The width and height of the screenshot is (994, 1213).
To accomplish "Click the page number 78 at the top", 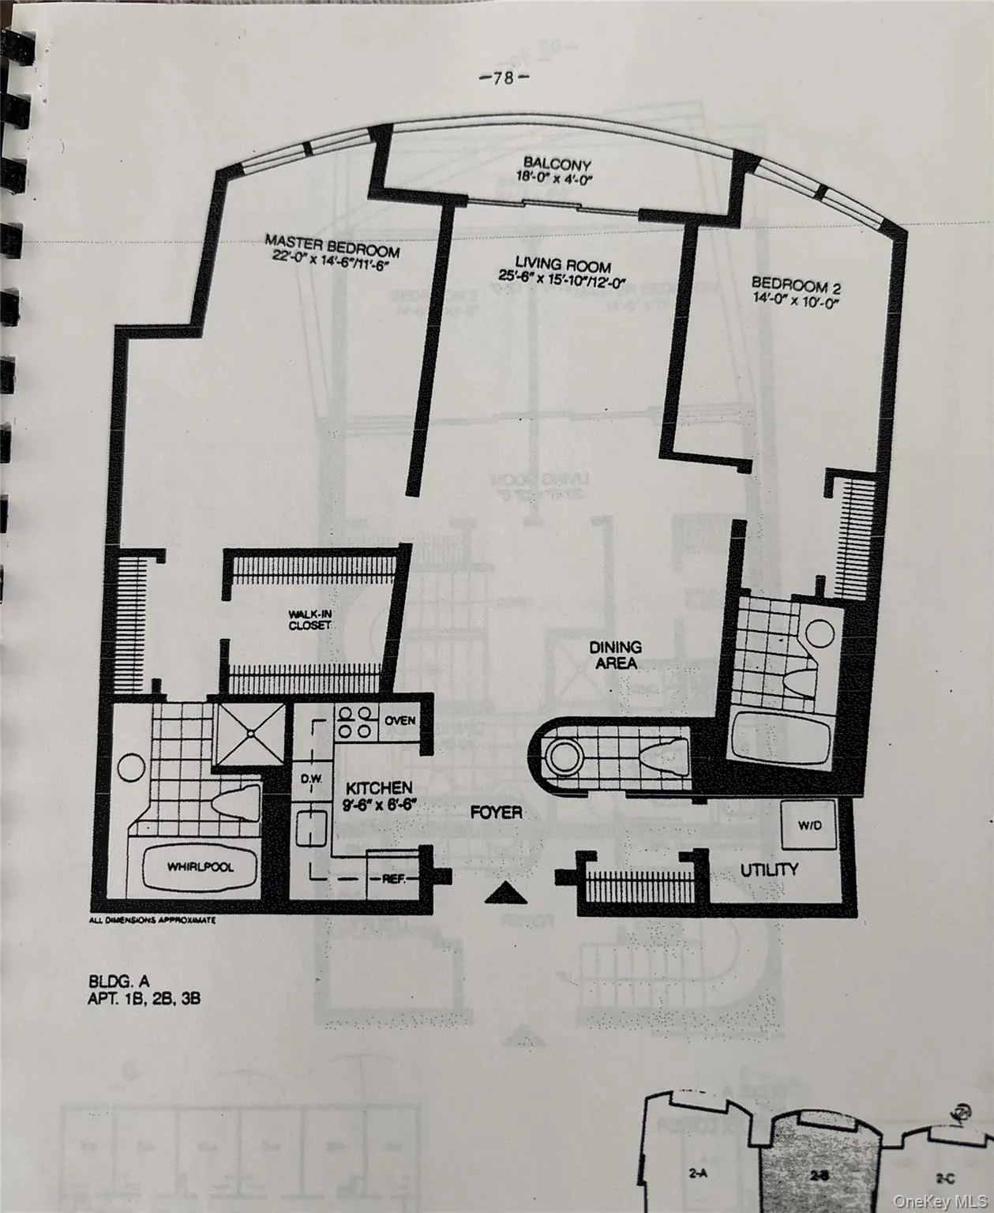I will click(x=504, y=77).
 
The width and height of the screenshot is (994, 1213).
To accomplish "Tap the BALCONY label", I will click(x=557, y=165).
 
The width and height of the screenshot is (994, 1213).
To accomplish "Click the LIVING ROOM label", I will click(x=563, y=265).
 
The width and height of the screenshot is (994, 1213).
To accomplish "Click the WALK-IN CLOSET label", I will click(x=309, y=619).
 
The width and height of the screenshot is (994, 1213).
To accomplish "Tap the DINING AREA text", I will click(x=616, y=655).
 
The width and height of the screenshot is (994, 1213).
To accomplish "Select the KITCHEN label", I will click(x=379, y=788).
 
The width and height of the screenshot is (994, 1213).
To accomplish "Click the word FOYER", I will click(x=496, y=812).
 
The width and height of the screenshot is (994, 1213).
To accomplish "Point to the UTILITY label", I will click(x=769, y=869).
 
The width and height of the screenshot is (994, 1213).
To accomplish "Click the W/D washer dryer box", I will click(x=808, y=825).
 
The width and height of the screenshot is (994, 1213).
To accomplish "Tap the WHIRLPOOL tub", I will click(x=200, y=867).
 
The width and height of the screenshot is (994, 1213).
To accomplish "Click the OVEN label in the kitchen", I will click(x=400, y=720).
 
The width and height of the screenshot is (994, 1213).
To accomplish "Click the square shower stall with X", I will click(x=250, y=734).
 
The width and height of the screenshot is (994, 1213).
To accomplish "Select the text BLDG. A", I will click(x=118, y=982).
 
